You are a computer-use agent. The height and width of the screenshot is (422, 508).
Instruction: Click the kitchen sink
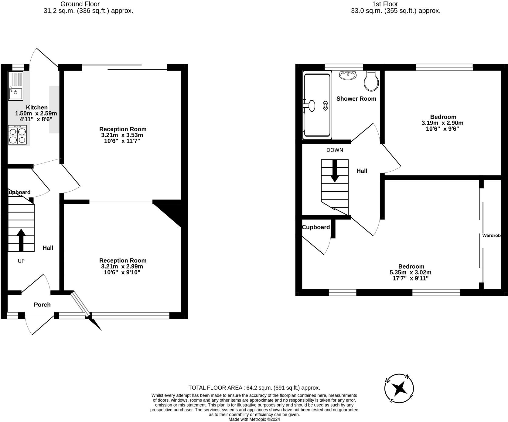point(15,86)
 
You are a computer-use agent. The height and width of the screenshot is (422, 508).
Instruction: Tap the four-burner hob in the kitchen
point(17,135)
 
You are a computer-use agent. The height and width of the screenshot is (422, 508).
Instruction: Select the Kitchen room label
point(37,107)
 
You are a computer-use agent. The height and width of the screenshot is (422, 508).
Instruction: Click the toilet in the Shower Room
point(371,81)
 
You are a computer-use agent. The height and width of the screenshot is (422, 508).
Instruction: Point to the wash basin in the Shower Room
point(348,75)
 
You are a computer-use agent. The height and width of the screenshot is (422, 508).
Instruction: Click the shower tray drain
point(326,105)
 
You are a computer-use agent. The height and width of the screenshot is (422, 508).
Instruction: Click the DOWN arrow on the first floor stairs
point(335,171)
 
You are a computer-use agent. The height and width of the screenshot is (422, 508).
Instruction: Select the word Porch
point(42,305)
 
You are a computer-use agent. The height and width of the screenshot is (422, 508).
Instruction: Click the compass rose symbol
point(399,388)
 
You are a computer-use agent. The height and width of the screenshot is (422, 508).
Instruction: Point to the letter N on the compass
point(408,377)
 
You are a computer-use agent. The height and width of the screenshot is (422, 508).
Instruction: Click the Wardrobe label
point(491,235)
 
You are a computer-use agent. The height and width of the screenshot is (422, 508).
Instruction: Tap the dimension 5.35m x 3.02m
point(411,272)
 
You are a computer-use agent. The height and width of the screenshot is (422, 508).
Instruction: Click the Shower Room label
point(356,99)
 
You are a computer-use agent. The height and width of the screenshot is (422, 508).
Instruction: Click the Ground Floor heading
point(80,4)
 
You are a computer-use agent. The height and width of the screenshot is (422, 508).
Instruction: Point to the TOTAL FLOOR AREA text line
point(254,388)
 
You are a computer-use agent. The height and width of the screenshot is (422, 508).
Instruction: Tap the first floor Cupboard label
point(316,227)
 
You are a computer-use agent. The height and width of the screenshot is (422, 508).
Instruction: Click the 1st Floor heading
point(385,4)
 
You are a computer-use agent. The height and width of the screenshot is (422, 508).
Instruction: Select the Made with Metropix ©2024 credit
point(254,420)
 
